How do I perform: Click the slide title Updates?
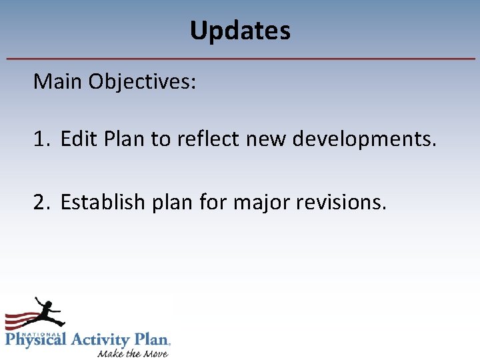click(240, 31)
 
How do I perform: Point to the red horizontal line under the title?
click(240, 59)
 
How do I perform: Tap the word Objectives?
click(141, 82)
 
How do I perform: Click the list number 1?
click(41, 140)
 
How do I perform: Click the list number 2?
click(41, 201)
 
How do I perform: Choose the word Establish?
click(102, 201)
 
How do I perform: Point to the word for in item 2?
click(215, 201)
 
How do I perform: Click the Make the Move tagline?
click(133, 353)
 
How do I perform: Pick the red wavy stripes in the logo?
click(19, 321)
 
